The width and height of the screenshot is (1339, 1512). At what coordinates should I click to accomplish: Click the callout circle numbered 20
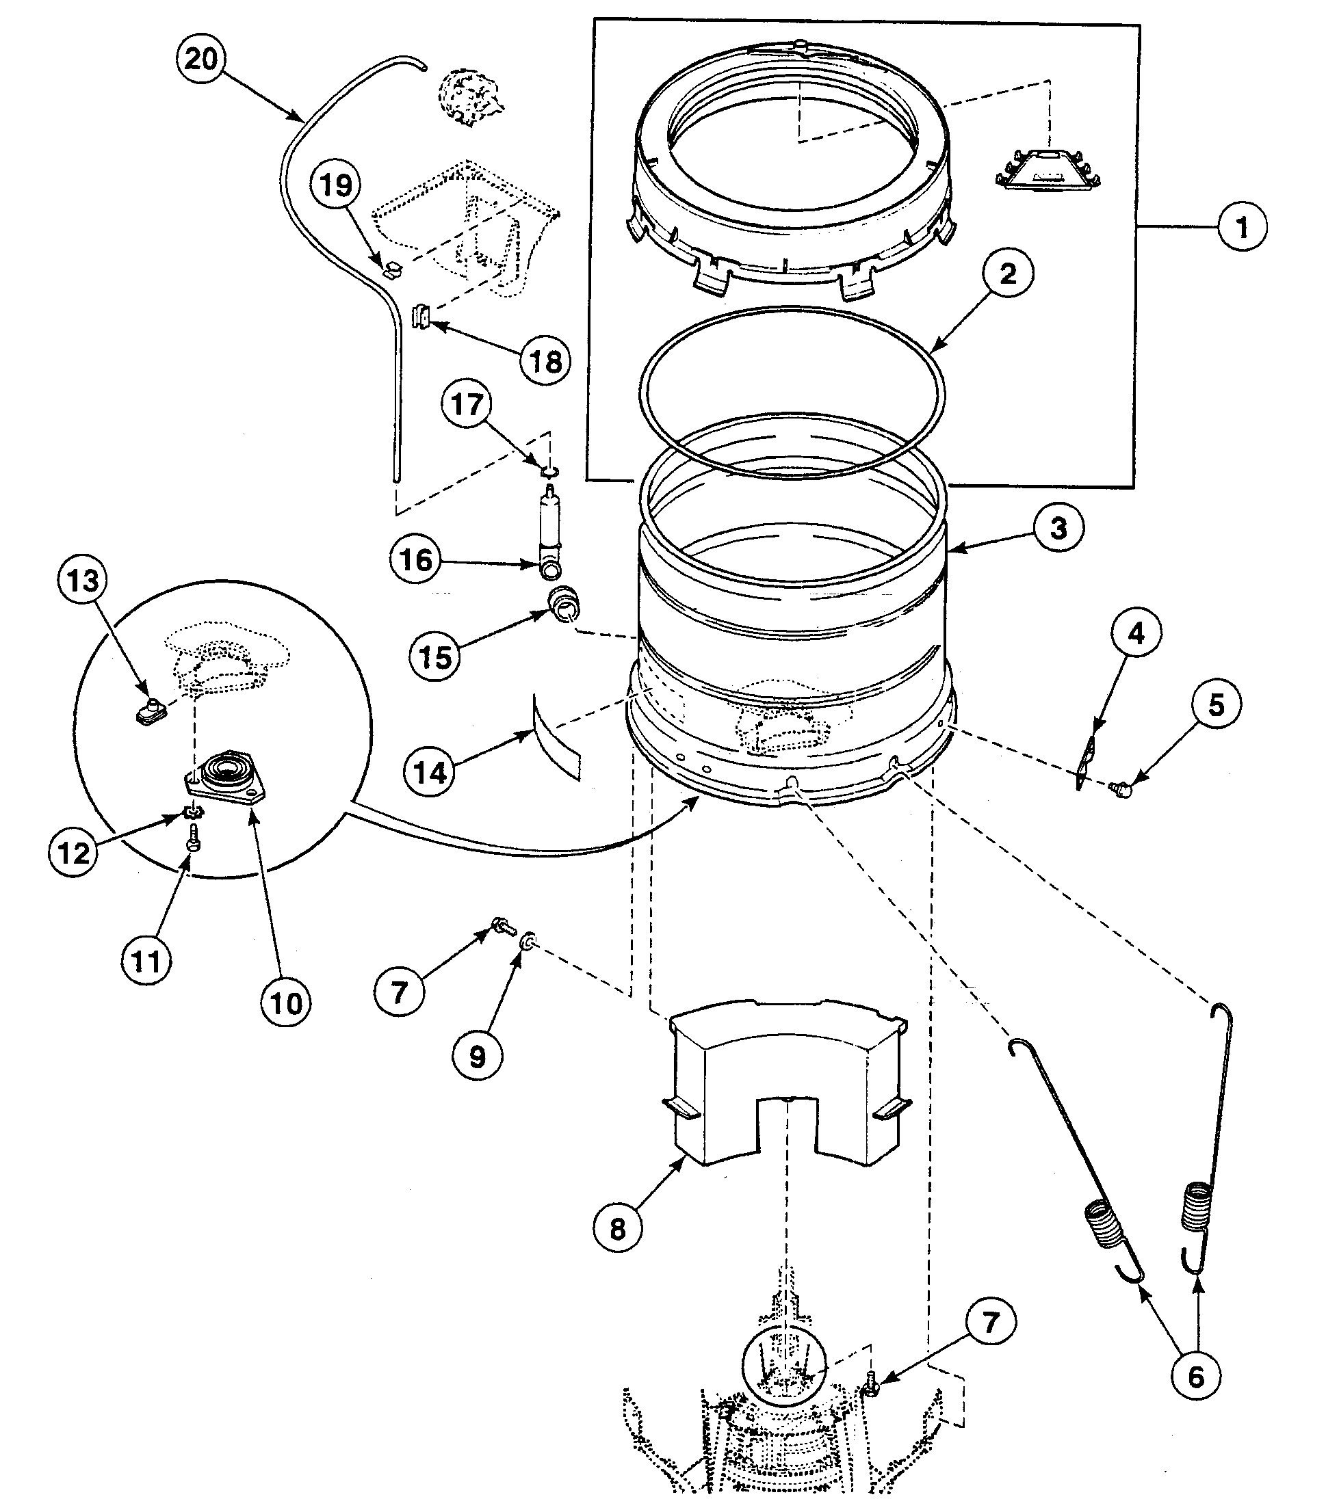[200, 58]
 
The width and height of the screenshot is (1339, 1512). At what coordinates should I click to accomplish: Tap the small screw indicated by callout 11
[192, 838]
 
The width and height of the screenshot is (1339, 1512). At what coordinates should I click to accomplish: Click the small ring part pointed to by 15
[564, 599]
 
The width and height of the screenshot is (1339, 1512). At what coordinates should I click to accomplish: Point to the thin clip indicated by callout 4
[1087, 762]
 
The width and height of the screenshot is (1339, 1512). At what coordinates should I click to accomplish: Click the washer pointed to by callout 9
[528, 942]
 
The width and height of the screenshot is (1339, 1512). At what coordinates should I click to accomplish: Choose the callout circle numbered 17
[467, 405]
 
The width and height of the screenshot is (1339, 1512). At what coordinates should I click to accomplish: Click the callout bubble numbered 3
[1058, 528]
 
